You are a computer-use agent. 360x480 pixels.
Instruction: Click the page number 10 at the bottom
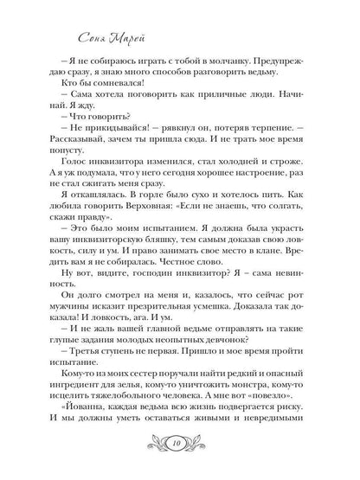(179, 448)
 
